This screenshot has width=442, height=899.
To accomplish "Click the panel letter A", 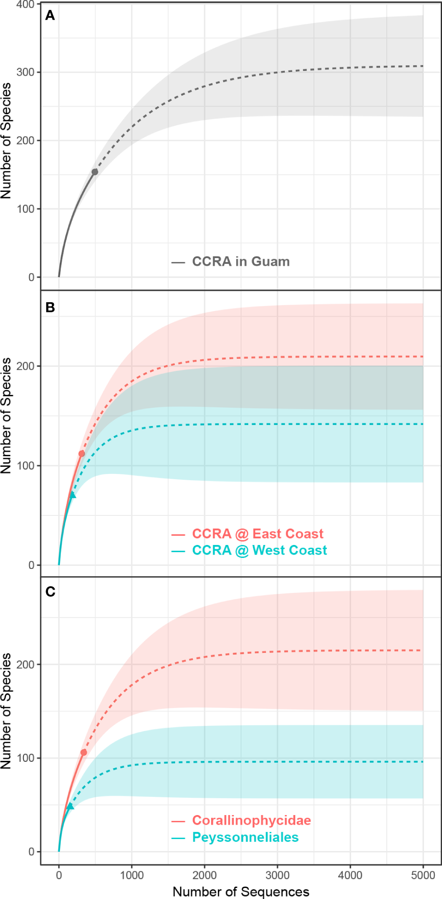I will pos(50,16).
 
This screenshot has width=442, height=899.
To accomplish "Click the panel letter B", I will pos(50,307).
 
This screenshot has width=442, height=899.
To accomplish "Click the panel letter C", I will pos(50,591).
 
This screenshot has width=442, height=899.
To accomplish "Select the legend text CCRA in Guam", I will pos(241,261).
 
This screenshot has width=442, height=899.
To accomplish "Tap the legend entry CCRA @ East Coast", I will pos(258,533).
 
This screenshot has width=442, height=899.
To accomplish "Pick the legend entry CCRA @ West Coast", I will pos(260,550).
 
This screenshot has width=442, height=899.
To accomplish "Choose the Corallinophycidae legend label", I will pos(251,820).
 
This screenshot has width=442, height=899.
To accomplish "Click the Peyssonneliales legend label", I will pos(245,837).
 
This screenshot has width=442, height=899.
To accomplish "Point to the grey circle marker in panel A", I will pos(95,172).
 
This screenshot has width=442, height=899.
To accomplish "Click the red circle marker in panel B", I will pos(82,453).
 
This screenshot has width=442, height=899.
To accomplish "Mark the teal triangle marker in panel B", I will pos(72,495).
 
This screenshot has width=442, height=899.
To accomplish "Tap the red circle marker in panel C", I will pos(84,752).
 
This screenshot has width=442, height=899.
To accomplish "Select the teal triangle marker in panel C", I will pos(70,806).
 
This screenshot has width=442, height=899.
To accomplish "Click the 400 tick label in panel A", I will pos(25,5).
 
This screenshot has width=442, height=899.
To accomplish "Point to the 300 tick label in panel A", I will pos(25,72).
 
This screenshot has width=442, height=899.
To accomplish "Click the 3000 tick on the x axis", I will pos(277,875).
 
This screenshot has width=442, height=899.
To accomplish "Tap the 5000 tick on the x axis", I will pos(423,875).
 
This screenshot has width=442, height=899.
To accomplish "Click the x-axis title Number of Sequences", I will pos(241,891).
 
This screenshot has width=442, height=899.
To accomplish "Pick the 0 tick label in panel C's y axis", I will pos(31,852).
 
